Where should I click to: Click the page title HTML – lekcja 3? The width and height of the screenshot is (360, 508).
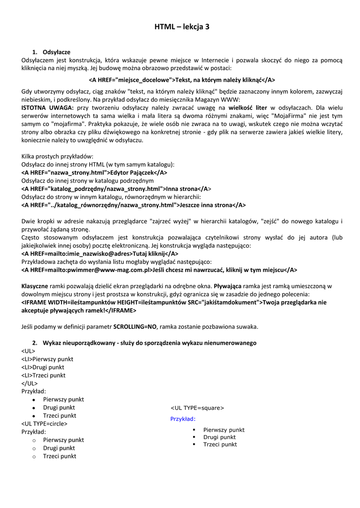click(182, 27)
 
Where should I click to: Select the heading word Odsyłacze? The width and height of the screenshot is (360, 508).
click(56, 52)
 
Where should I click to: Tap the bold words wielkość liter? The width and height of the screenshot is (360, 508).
click(248, 107)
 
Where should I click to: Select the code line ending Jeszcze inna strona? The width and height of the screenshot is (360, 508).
click(133, 205)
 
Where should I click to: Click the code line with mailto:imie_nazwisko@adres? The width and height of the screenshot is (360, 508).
click(100, 254)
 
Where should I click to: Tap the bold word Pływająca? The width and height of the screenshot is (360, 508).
click(227, 286)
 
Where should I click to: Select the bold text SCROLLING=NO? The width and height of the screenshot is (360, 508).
click(135, 326)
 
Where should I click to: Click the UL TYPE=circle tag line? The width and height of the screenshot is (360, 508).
click(44, 424)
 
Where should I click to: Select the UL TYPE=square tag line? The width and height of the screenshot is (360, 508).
click(197, 408)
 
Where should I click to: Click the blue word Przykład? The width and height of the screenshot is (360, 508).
click(183, 419)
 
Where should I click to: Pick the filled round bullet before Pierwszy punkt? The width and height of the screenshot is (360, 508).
click(33, 399)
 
